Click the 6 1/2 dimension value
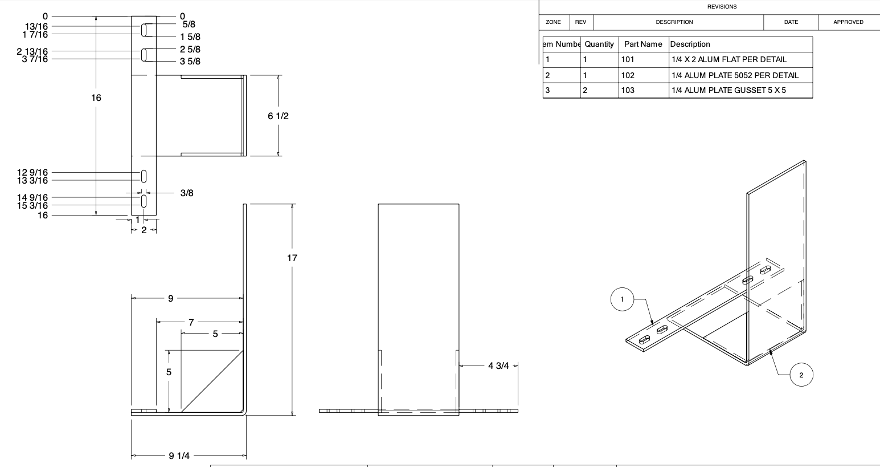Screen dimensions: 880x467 tap(278, 116)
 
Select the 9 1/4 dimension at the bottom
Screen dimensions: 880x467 tap(179, 456)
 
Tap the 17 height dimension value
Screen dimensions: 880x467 tap(292, 258)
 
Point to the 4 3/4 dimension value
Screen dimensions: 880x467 tap(498, 366)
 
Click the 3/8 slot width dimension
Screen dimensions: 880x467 tap(187, 193)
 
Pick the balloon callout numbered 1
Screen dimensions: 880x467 tap(622, 299)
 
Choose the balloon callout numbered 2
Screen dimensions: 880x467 tap(801, 375)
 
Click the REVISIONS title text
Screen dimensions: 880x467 tap(722, 7)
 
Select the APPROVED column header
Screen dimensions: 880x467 tap(848, 22)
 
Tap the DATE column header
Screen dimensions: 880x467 tap(791, 22)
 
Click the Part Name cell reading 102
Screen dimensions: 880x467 tap(628, 75)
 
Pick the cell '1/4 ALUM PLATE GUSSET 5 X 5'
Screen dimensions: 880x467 tap(728, 90)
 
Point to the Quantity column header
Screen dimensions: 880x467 tap(599, 44)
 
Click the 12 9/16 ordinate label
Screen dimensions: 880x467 tap(32, 172)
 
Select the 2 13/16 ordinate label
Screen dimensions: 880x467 tap(32, 51)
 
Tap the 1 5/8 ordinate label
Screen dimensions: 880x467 tap(190, 36)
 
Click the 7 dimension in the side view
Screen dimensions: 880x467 tap(191, 322)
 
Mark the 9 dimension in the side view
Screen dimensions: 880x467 tap(170, 298)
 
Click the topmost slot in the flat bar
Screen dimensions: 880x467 tap(144, 30)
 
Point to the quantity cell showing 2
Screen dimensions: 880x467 tap(585, 90)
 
